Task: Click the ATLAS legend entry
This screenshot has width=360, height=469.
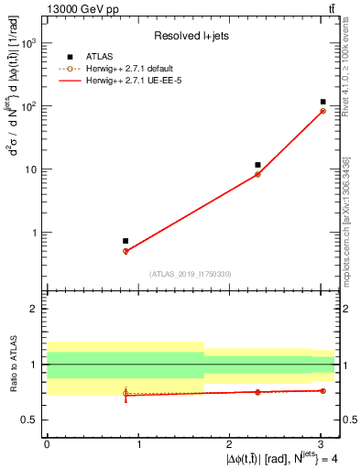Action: click(100, 58)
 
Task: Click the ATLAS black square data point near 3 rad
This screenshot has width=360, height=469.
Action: click(322, 102)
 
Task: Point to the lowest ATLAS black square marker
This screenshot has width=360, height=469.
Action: click(125, 241)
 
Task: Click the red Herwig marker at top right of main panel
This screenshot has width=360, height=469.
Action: click(322, 111)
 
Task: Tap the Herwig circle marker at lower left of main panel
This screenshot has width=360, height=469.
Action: click(125, 251)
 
